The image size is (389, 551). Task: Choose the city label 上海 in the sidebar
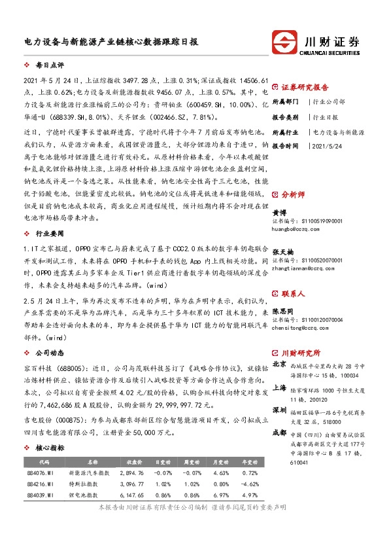coord(279,387)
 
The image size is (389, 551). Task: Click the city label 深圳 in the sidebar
coord(279,409)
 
